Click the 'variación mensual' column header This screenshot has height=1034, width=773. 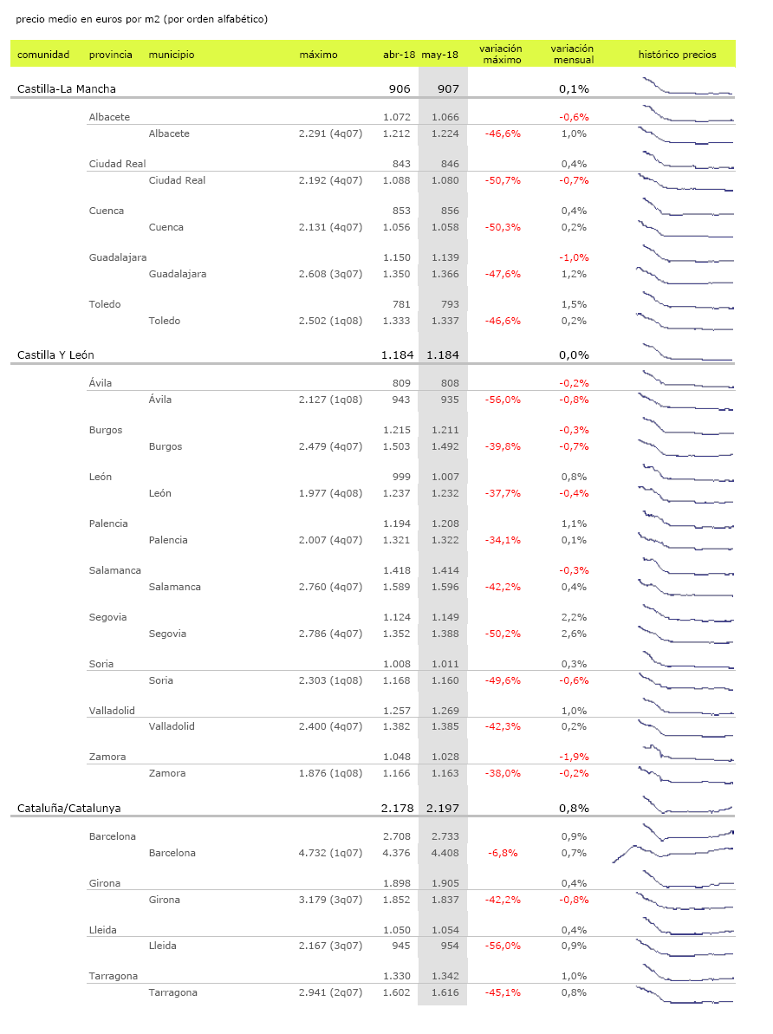[572, 55]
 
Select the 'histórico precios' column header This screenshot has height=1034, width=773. [677, 55]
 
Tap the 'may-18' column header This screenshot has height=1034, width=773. [439, 55]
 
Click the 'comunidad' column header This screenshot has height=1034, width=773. [43, 55]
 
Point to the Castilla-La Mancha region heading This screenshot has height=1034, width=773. [67, 88]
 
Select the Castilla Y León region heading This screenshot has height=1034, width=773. [56, 354]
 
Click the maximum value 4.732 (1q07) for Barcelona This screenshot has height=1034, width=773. [330, 853]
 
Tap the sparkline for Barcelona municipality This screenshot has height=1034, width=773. [672, 853]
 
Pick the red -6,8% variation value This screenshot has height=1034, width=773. [503, 853]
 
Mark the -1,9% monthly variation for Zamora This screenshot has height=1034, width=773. [573, 757]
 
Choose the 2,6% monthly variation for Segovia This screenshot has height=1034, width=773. [574, 634]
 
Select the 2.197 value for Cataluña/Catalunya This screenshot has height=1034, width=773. [442, 808]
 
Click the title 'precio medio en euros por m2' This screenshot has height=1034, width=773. [141, 19]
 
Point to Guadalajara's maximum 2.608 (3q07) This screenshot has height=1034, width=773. [330, 274]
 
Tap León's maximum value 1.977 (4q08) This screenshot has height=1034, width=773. [330, 493]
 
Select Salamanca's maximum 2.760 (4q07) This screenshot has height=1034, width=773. [330, 587]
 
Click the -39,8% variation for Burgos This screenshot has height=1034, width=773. [503, 446]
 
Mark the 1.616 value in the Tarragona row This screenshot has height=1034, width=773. [442, 992]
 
